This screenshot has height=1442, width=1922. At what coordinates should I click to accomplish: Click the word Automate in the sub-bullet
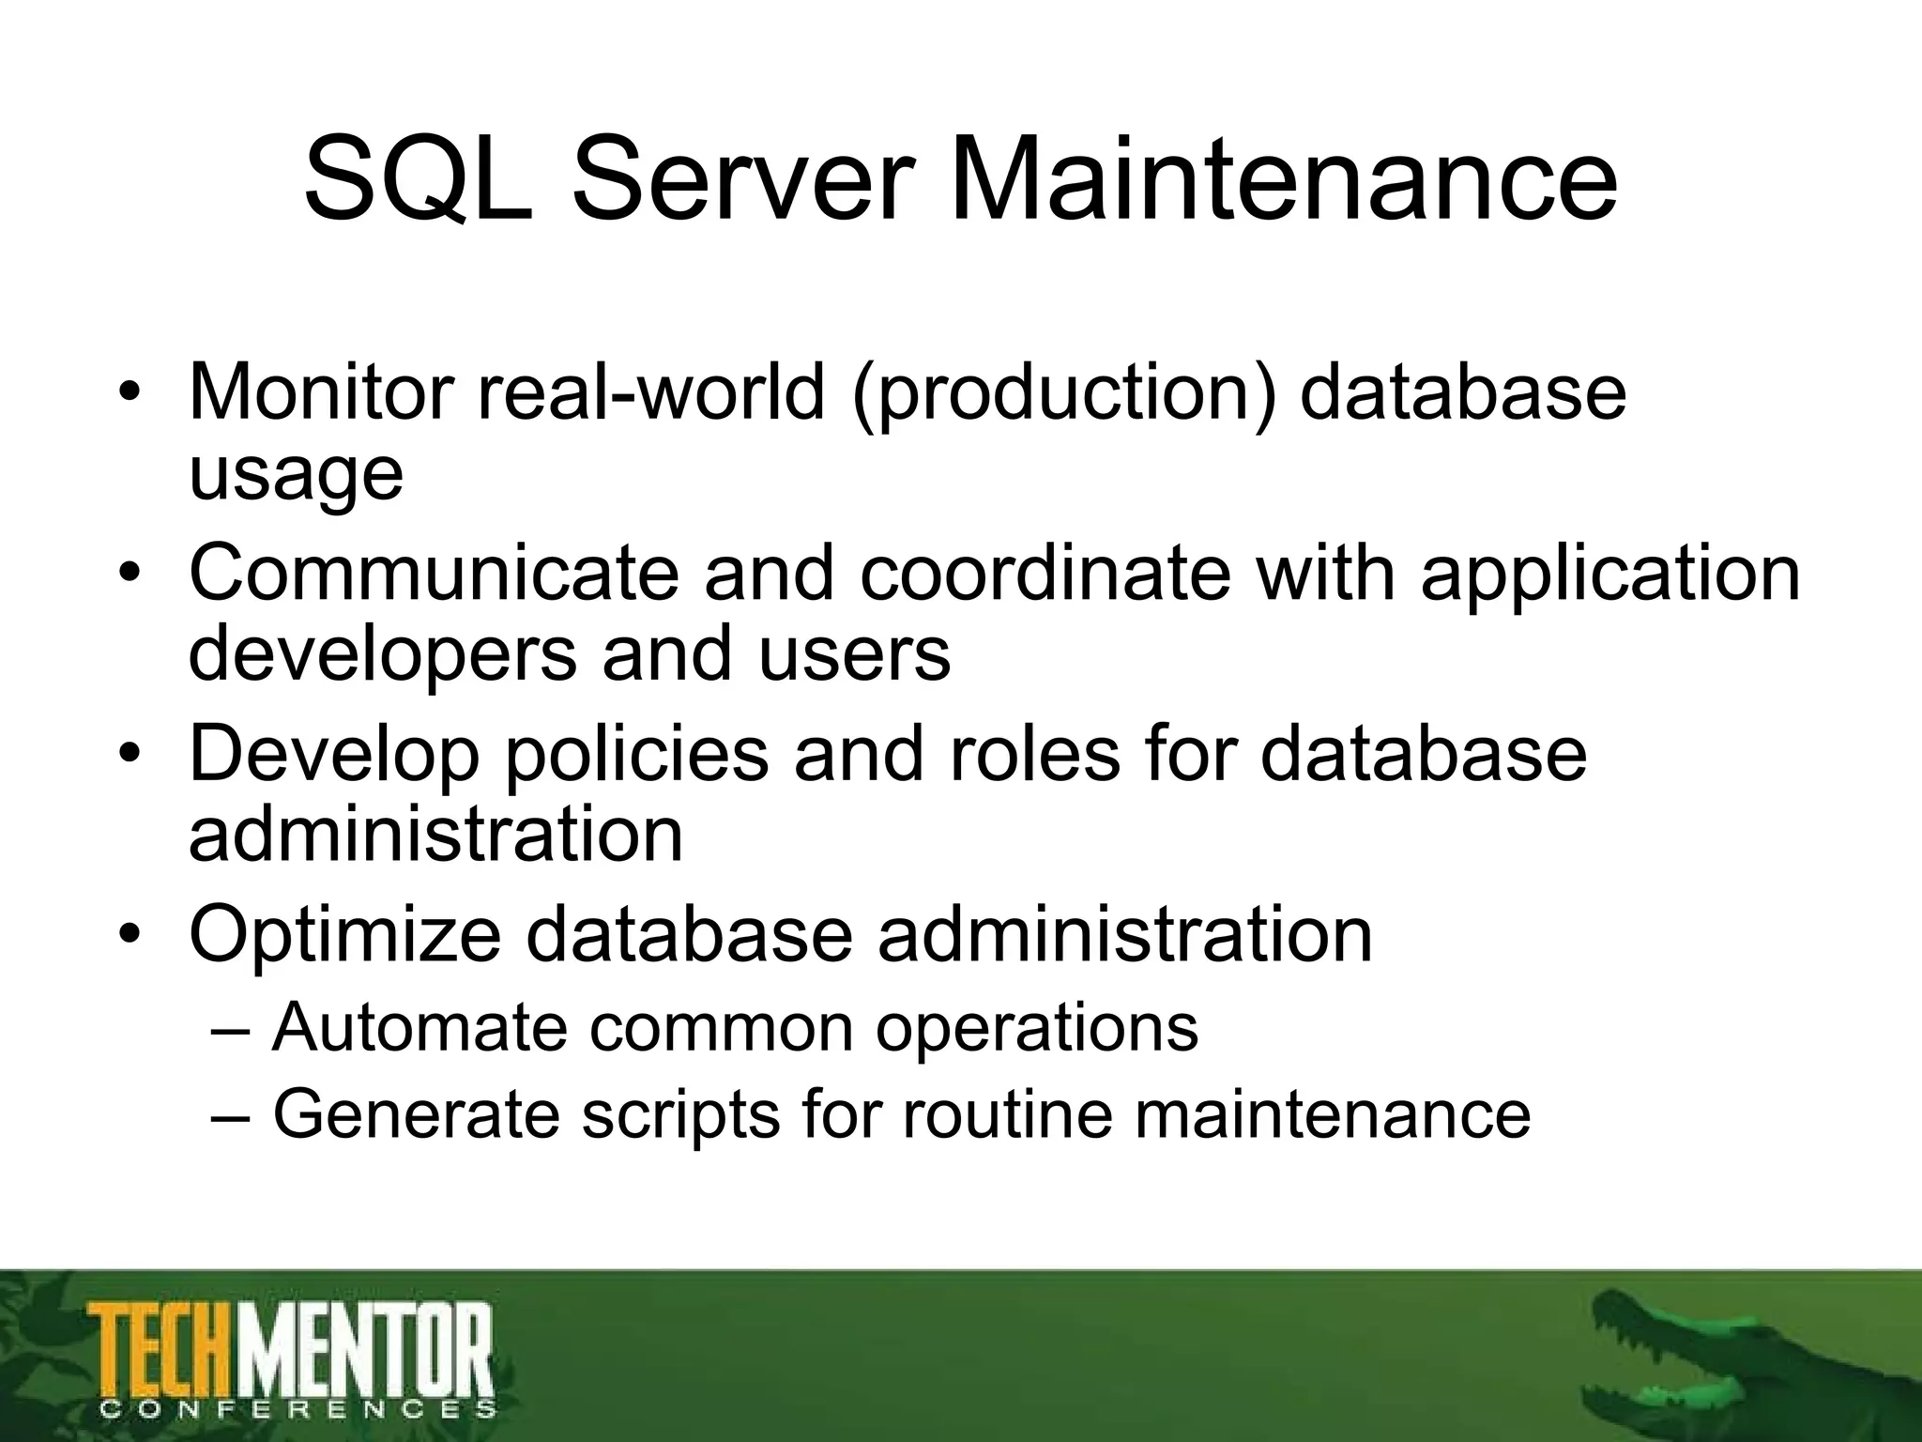tap(419, 1027)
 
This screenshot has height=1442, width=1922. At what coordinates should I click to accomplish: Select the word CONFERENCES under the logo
tap(297, 1408)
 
